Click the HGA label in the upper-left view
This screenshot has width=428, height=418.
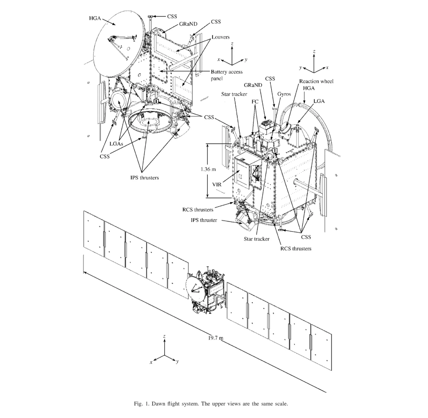pos(95,19)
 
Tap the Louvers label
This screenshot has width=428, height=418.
pos(221,37)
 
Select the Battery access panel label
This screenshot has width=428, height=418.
pos(226,75)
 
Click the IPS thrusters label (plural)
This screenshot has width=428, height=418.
pos(144,177)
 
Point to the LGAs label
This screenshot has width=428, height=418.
pos(116,143)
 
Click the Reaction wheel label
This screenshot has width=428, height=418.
pos(316,81)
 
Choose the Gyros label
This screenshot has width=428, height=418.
pos(284,94)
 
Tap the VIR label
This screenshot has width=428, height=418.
pos(217,185)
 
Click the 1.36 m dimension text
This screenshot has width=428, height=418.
pos(208,169)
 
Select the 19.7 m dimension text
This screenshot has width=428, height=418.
pos(216,338)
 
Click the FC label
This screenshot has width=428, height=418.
pos(255,102)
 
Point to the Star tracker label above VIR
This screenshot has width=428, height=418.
pos(234,94)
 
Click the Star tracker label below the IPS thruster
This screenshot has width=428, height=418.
pos(257,239)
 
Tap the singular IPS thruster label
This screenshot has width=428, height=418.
pos(204,220)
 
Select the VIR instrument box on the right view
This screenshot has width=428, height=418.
pos(247,173)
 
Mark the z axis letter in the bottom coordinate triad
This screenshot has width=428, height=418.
pos(164,336)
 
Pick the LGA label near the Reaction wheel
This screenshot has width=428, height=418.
pos(319,101)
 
